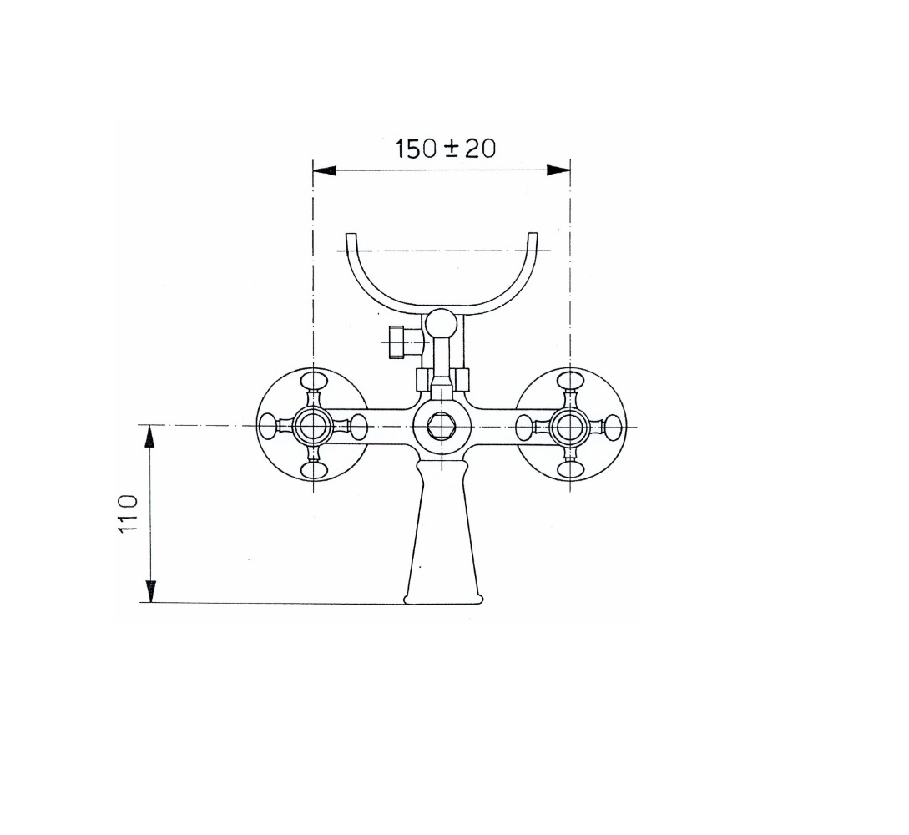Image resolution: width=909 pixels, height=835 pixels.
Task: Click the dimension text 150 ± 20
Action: point(445,149)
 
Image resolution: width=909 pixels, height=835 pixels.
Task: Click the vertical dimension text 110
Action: point(128,513)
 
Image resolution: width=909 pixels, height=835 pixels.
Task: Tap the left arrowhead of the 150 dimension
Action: point(324,170)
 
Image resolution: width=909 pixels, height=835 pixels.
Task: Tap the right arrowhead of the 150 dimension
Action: point(558,170)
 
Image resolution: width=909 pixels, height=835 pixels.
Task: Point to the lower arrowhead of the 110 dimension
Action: point(150,591)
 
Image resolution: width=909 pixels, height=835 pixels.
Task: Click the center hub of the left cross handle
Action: point(313,427)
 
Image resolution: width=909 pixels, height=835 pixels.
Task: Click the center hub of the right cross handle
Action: point(570,427)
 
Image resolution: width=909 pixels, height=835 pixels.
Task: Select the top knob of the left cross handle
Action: point(313,382)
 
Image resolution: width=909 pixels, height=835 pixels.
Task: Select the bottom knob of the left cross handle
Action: point(313,471)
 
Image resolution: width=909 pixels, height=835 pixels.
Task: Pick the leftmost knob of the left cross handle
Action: point(269,427)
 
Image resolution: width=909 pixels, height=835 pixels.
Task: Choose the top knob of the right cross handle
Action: point(570,382)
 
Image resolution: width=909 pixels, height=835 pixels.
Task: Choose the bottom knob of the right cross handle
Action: point(570,471)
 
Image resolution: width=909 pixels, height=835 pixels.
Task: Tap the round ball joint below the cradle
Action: point(442,323)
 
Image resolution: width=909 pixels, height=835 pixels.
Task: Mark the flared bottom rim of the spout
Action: point(443,598)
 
